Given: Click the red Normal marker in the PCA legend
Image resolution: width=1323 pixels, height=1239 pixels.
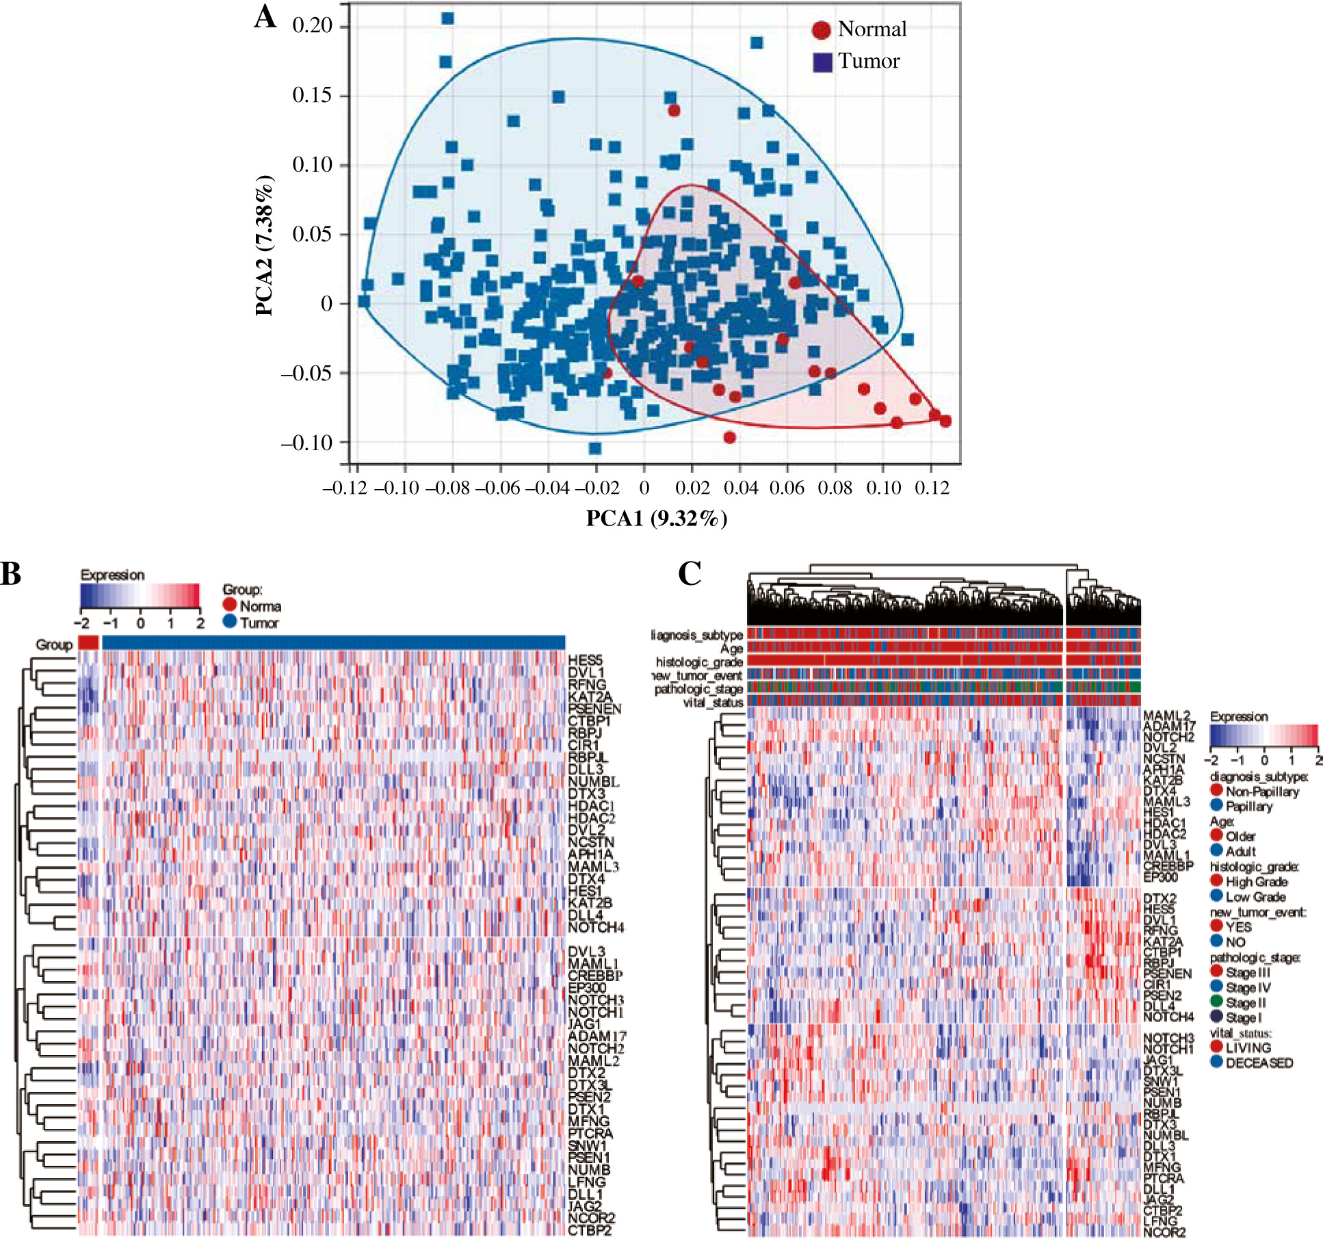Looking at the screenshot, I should pos(821,29).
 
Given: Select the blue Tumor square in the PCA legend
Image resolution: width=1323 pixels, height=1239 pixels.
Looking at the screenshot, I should pos(822,62).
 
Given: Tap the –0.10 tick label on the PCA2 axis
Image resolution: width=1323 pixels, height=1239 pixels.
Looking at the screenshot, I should pos(306,443).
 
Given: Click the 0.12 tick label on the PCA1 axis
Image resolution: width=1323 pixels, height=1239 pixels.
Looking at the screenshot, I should pos(932,488).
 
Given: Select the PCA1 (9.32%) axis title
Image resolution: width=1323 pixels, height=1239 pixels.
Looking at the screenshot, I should pos(656,519).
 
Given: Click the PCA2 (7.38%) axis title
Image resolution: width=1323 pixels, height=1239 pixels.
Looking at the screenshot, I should pos(264,246).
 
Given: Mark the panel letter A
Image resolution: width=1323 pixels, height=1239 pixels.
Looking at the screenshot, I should pos(265,17).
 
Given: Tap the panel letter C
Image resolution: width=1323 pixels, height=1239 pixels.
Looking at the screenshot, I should pos(690,574).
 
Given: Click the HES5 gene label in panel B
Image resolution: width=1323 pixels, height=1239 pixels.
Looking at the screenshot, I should pos(585,660).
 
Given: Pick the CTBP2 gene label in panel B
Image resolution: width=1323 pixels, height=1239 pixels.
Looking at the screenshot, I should pos(590,1230).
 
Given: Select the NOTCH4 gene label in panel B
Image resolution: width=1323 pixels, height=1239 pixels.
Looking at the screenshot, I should pos(596,928).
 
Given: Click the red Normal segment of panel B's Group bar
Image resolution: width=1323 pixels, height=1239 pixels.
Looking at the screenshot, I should pos(88,642).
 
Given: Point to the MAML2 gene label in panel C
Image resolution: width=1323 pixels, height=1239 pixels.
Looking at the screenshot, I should pos(1166,716).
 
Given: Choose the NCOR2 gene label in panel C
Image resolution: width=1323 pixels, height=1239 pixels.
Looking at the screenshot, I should pos(1164,1232).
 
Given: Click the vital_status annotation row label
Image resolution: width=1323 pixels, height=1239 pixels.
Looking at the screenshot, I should pos(713,703).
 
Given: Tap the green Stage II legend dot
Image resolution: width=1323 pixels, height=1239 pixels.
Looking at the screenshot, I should pos(1216,1002).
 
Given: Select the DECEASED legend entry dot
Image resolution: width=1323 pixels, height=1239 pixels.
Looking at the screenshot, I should pos(1216,1062).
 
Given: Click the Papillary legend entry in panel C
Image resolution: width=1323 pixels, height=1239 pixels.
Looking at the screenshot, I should pos(1248,807).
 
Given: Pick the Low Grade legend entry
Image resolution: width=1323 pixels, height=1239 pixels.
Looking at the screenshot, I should pos(1255,896).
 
